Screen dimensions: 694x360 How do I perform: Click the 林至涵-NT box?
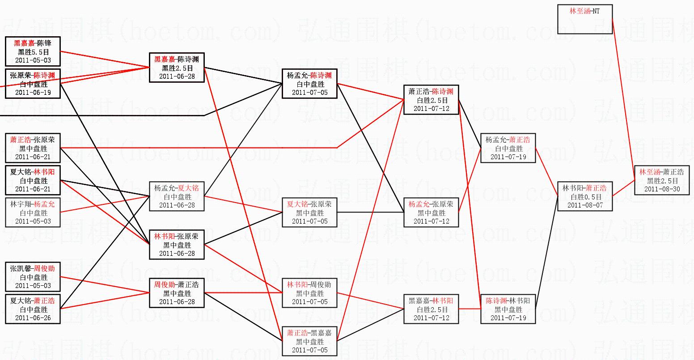point(584,19)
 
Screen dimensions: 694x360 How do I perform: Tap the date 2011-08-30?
point(662,189)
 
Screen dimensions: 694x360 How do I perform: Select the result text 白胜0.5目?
point(584,197)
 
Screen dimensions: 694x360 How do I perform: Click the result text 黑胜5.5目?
point(33,52)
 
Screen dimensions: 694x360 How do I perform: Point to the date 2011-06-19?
point(33,93)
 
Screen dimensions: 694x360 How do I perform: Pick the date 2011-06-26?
point(33,318)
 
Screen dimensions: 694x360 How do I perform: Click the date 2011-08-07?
point(584,205)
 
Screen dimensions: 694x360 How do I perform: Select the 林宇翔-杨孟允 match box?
point(33,212)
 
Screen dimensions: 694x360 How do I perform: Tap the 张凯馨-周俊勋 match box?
point(33,277)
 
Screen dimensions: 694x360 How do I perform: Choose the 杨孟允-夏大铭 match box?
point(177,196)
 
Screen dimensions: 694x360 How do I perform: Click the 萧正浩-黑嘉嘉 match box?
point(309,341)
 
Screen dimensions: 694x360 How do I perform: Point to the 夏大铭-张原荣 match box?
point(309,212)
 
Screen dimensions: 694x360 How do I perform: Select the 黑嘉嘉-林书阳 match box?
point(431,309)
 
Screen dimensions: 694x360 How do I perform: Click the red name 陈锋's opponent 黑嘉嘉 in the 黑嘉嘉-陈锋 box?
point(25,43)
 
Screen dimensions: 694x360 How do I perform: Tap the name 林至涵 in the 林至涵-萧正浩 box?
point(649,172)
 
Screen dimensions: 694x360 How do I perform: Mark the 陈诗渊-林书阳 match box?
point(508,309)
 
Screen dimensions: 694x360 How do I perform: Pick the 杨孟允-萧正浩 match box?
point(508,148)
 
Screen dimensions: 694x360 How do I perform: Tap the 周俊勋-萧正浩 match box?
point(177,293)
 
